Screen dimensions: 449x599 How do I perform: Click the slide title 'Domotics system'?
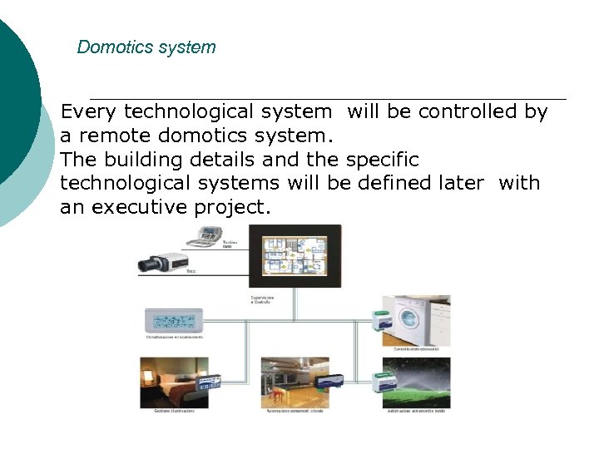146,47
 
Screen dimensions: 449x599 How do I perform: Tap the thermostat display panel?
173,320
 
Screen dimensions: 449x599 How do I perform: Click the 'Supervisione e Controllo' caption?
264,300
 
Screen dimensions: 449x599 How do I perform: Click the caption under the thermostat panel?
175,337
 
